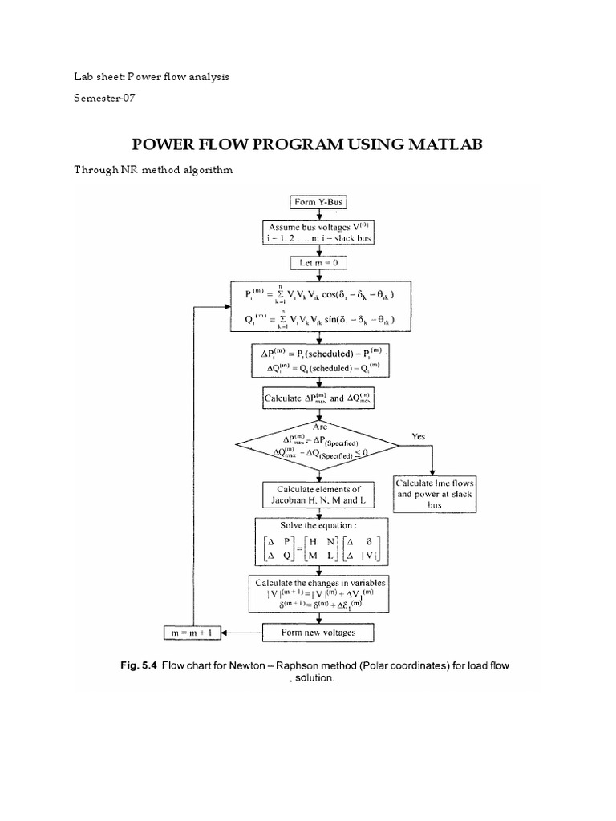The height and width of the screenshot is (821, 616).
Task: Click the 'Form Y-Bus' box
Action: click(320, 202)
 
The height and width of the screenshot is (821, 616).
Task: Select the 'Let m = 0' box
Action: click(320, 262)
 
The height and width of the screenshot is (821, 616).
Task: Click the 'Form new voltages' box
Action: click(320, 632)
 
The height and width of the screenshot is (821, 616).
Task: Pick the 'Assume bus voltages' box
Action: click(320, 232)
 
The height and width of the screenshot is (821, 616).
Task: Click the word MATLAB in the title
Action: click(437, 144)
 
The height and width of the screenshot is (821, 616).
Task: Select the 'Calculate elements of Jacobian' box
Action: click(320, 495)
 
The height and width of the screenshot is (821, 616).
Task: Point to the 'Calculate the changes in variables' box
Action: click(320, 593)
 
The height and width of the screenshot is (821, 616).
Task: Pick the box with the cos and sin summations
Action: click(320, 306)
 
